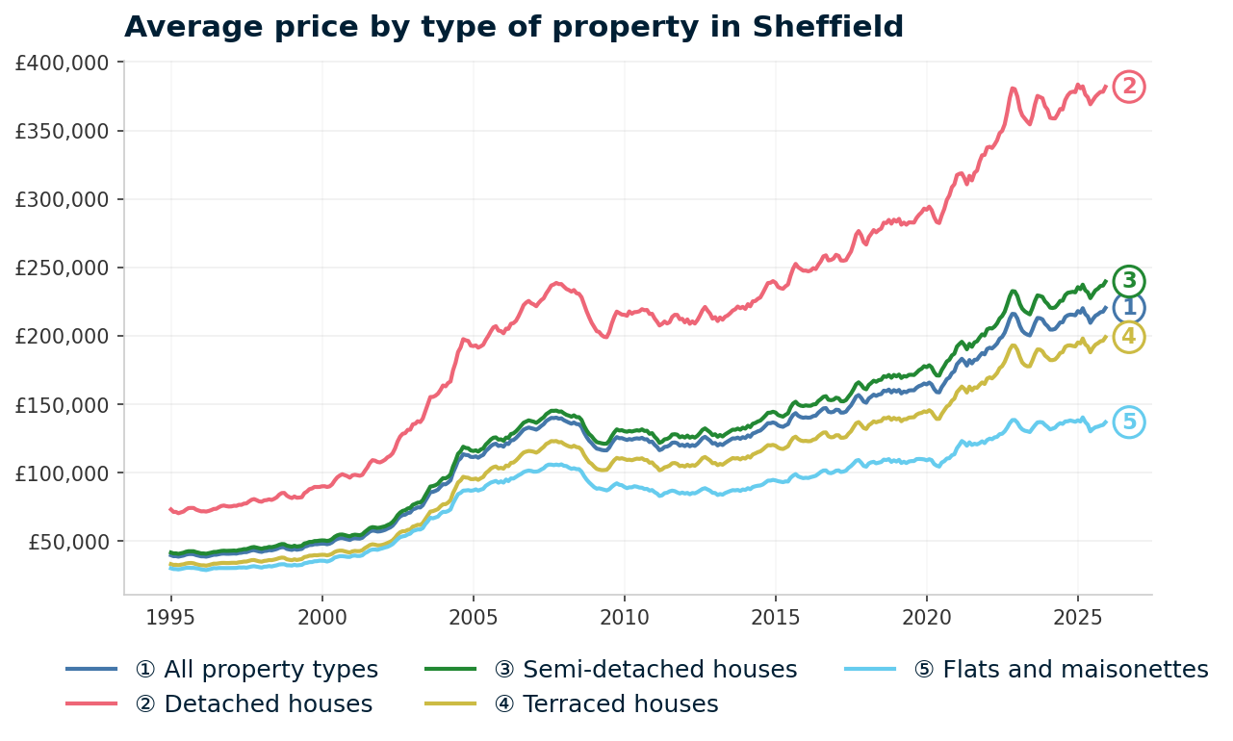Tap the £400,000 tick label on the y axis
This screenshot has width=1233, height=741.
click(64, 64)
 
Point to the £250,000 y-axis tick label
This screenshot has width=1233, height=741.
click(64, 268)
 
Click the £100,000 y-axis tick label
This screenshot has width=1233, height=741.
click(64, 473)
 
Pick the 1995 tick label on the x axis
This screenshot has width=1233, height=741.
click(170, 615)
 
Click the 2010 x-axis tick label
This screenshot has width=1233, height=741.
click(624, 615)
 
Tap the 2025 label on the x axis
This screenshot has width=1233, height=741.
click(1077, 615)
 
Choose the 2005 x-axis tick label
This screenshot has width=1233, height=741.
click(473, 615)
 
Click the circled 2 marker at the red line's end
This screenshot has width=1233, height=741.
click(1129, 87)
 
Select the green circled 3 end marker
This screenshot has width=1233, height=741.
click(1129, 281)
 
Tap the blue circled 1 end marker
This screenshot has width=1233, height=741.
click(1129, 308)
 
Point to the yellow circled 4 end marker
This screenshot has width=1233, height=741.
click(1129, 337)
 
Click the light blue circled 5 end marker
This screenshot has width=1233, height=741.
click(1129, 422)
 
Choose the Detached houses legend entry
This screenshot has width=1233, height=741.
click(254, 704)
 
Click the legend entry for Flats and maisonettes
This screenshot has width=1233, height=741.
click(1061, 670)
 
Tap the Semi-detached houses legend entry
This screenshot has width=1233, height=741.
click(645, 670)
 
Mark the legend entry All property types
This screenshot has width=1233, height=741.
click(257, 670)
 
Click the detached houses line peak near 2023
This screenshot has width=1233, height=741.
click(1013, 89)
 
